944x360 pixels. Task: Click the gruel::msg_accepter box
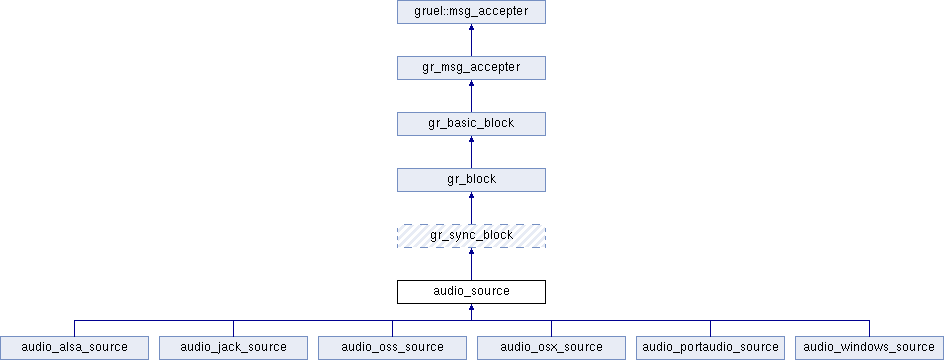coord(471,12)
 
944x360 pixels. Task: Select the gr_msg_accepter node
coord(471,68)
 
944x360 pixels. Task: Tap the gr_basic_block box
coord(471,124)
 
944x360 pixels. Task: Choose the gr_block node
coord(471,180)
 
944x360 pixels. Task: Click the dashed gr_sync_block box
coord(471,236)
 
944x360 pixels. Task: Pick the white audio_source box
coord(471,292)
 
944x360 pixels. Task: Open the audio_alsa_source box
coord(74,348)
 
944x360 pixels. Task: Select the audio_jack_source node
coord(233,348)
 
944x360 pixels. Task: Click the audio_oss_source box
coord(392,348)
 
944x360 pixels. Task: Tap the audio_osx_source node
coord(551,348)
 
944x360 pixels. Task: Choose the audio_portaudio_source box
coord(710,348)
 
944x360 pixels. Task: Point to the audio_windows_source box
coord(869,348)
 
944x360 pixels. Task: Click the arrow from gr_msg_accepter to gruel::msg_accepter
coord(471,40)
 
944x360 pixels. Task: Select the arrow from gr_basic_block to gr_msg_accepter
coord(471,96)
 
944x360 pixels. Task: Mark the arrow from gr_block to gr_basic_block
coord(471,152)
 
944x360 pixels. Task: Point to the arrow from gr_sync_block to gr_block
coord(471,208)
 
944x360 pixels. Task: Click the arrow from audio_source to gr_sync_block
coord(471,264)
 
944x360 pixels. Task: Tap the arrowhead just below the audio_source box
coord(471,307)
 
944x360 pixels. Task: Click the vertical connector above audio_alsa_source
coord(74,328)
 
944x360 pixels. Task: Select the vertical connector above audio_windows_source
coord(869,328)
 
